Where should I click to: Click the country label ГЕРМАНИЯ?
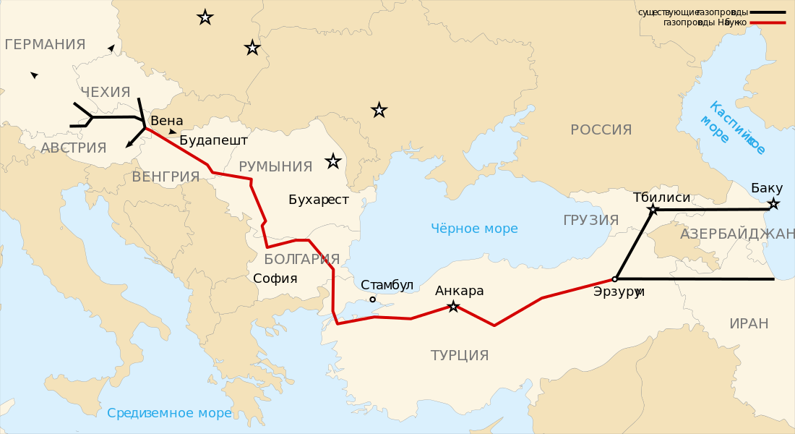[45, 45]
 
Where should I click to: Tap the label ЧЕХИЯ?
[106, 93]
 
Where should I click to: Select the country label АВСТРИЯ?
[74, 148]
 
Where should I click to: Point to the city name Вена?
[167, 122]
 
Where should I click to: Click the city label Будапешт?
[213, 140]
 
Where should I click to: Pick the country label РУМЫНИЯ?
[275, 167]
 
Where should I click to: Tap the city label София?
[275, 278]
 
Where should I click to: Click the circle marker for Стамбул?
[373, 299]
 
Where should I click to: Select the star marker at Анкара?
[453, 307]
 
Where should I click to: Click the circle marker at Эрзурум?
[615, 278]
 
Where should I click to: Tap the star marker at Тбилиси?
[653, 210]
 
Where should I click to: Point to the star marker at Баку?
[773, 204]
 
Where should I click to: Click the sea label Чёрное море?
[474, 229]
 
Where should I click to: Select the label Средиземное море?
[169, 413]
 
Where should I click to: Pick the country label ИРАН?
[749, 323]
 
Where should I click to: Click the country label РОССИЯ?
[601, 130]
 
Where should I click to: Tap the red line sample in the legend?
[768, 22]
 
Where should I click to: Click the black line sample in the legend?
[768, 12]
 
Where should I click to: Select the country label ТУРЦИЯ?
[460, 355]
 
